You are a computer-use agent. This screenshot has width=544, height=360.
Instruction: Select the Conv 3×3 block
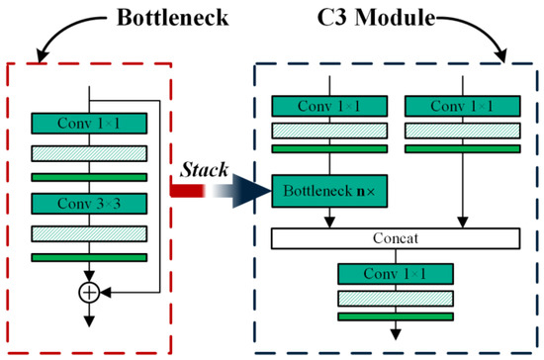click(90, 204)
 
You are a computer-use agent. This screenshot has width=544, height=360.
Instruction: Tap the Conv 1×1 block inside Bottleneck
click(90, 124)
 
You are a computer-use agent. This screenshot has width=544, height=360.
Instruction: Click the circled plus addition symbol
click(90, 293)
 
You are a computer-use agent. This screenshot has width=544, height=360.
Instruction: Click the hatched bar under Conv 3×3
click(90, 233)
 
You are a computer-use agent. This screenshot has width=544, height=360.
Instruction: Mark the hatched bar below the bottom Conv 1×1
click(395, 298)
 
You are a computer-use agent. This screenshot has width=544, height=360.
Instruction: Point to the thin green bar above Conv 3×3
click(90, 177)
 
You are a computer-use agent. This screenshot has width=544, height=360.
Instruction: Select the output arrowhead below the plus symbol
click(90, 318)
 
